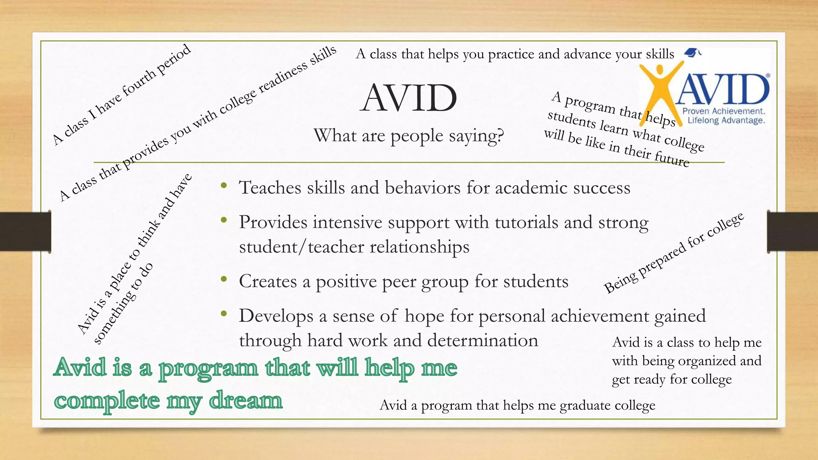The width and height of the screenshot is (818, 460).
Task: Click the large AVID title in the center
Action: (x=408, y=98)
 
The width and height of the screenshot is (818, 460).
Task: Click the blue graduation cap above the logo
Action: (x=692, y=52)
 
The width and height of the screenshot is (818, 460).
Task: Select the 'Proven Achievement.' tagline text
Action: (x=724, y=111)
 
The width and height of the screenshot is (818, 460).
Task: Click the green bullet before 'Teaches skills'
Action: (x=224, y=185)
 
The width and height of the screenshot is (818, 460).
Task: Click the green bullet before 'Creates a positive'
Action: (x=224, y=279)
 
